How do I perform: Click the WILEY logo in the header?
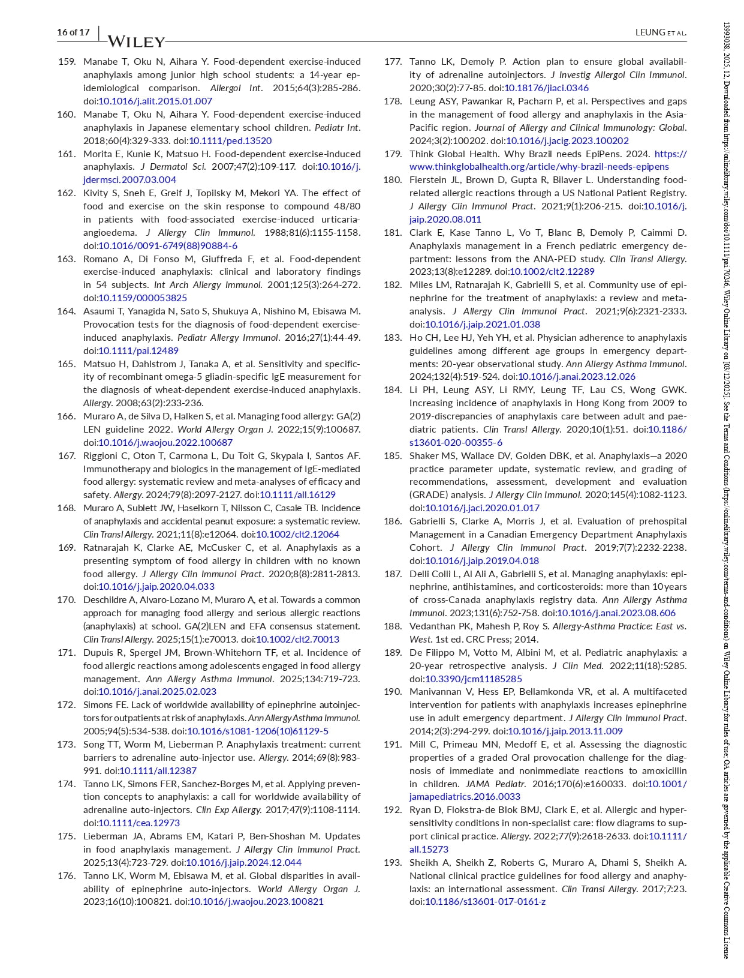[x=136, y=41]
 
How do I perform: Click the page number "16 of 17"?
[x=73, y=32]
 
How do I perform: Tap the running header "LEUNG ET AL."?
[x=661, y=32]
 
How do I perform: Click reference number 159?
[x=67, y=62]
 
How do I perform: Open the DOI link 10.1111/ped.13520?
[x=230, y=140]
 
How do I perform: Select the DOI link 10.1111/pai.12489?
[x=138, y=350]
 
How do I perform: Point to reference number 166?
[x=67, y=416]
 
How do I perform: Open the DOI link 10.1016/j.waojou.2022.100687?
[x=165, y=442]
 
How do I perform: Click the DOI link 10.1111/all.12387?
[x=158, y=770]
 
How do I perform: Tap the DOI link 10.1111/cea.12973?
[x=139, y=823]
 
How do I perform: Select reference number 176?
[x=67, y=875]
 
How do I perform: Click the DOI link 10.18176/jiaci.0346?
[x=546, y=88]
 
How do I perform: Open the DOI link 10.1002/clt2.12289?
[x=552, y=271]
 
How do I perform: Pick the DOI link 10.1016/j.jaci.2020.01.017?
[x=482, y=508]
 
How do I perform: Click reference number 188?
[x=393, y=626]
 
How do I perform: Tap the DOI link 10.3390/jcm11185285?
[x=474, y=679]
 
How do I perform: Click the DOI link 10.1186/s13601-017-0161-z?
[x=485, y=901]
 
